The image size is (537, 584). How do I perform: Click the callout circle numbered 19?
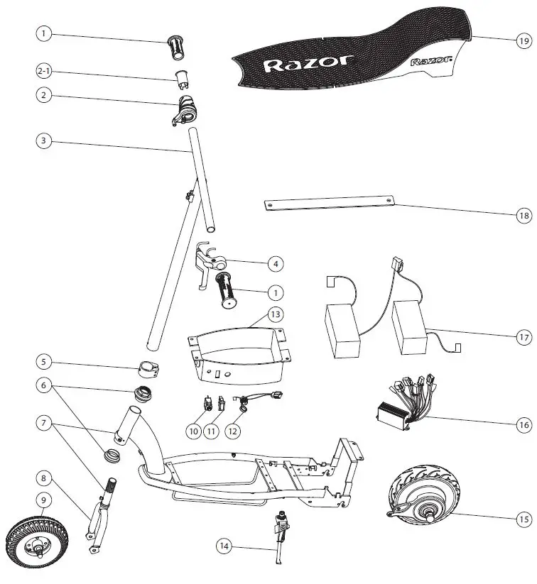pos(524,40)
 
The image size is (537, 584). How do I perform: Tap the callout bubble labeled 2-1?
pos(45,72)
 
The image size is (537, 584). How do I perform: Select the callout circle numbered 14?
pos(225,546)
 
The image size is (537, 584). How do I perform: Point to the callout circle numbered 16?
pos(524,424)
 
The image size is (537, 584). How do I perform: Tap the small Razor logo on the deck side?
pos(431,62)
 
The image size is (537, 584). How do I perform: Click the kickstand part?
pos(278,539)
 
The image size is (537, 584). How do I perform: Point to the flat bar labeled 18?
pos(330,204)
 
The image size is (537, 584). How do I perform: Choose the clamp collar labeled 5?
pos(150,373)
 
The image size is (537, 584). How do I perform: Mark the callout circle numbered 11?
pos(212,430)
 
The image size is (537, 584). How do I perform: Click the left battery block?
pos(342,331)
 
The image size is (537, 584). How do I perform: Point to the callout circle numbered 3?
pos(45,141)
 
